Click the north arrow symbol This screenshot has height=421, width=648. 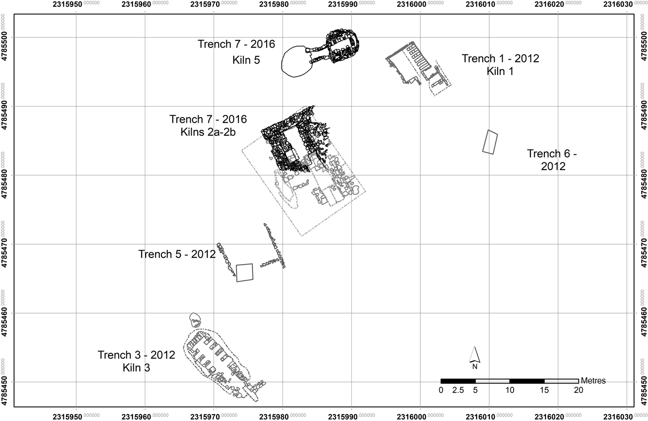pyautogui.click(x=474, y=357)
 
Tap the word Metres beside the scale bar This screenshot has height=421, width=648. pyautogui.click(x=593, y=381)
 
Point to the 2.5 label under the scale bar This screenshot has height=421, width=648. pyautogui.click(x=458, y=390)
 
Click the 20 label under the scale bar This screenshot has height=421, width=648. pyautogui.click(x=578, y=390)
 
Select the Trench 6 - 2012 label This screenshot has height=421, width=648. pyautogui.click(x=552, y=160)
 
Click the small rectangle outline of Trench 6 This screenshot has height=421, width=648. pyautogui.click(x=490, y=142)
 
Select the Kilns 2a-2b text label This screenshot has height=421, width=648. pyautogui.click(x=208, y=132)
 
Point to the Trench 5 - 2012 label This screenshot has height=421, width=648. pyautogui.click(x=177, y=254)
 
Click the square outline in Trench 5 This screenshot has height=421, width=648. pyautogui.click(x=244, y=272)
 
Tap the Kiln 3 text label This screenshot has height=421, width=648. pyautogui.click(x=136, y=368)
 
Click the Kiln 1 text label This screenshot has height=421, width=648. pyautogui.click(x=500, y=71)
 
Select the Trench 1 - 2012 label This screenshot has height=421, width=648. pyautogui.click(x=500, y=58)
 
